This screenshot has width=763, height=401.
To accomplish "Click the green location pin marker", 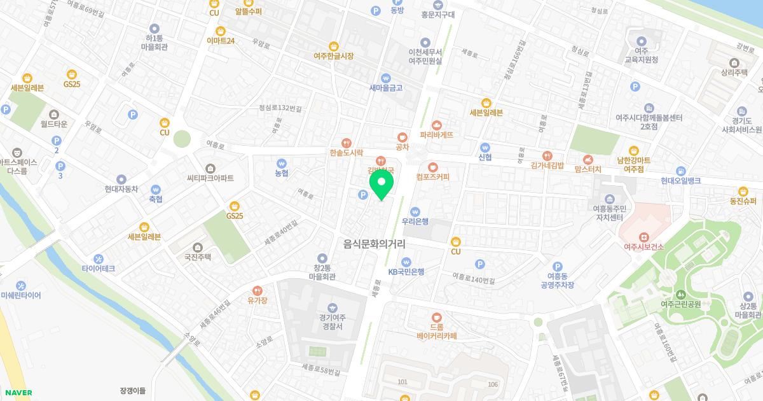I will click(x=381, y=184).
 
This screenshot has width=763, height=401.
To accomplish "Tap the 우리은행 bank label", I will click(x=415, y=222).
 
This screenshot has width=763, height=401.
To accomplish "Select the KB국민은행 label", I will click(x=406, y=271).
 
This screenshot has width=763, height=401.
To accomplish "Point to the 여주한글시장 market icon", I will click(x=334, y=46).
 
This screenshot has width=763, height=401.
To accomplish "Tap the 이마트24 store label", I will click(x=221, y=41).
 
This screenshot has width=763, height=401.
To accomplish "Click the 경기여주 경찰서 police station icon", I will click(x=333, y=308).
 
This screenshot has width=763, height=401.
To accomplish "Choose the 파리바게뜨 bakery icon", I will click(x=436, y=125).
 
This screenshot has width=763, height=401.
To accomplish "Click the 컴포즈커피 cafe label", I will click(x=432, y=176).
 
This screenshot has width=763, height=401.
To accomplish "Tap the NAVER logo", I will click(x=18, y=393).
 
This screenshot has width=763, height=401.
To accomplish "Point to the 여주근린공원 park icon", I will click(x=680, y=294).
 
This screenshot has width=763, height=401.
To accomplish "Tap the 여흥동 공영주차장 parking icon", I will click(x=558, y=267).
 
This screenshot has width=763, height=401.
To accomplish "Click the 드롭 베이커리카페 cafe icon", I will click(x=436, y=316).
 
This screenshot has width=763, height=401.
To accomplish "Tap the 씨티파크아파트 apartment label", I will click(x=210, y=178).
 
